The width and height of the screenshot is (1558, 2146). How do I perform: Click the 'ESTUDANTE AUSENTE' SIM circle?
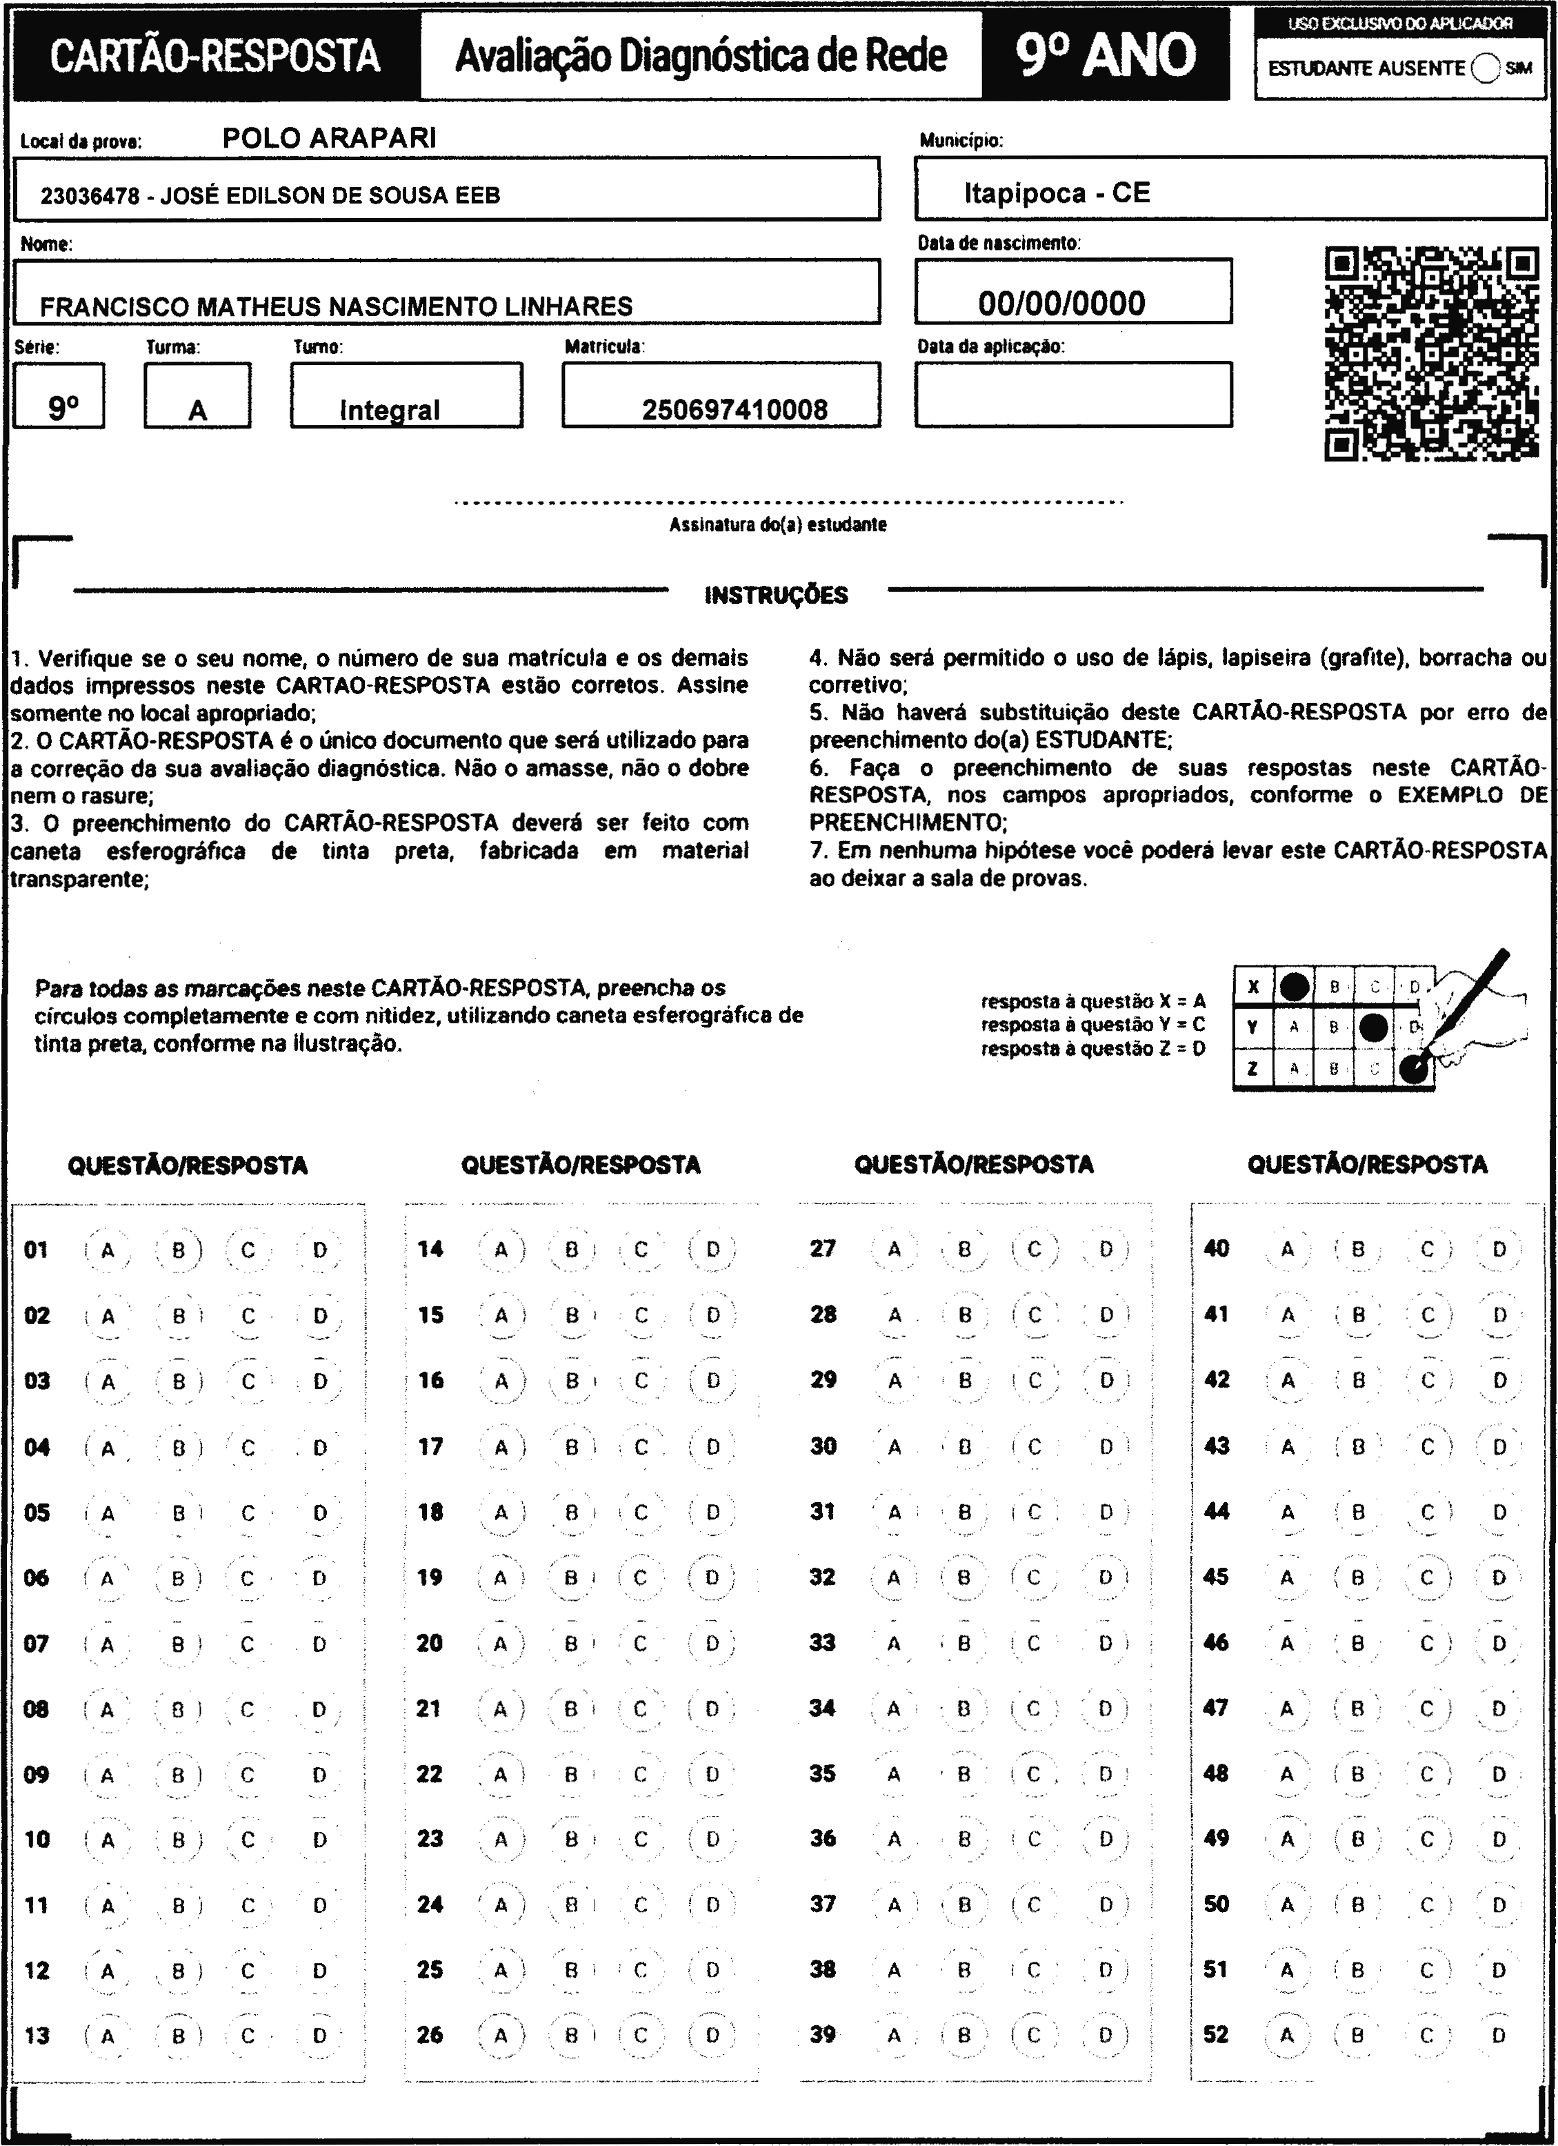[1486, 68]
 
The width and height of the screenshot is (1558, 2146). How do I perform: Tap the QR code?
[1431, 354]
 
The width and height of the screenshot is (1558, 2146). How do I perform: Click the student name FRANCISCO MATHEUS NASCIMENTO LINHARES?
[336, 306]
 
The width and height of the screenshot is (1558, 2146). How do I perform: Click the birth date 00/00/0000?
[1061, 303]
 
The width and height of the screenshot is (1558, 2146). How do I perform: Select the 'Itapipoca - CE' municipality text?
[1057, 193]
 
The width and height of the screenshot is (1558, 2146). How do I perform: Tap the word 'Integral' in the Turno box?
[390, 410]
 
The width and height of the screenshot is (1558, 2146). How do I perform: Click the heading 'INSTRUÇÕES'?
[776, 595]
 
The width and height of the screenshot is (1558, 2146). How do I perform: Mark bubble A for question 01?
[107, 1250]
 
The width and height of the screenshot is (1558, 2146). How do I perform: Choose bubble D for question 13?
[320, 2036]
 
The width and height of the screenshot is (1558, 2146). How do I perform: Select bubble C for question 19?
[641, 1577]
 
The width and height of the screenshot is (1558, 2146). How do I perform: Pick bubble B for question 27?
[964, 1249]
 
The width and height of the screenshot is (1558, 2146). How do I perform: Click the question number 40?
[1217, 1249]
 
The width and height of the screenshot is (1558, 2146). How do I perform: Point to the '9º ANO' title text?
[1106, 56]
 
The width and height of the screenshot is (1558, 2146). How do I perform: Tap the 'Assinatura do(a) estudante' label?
[777, 524]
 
